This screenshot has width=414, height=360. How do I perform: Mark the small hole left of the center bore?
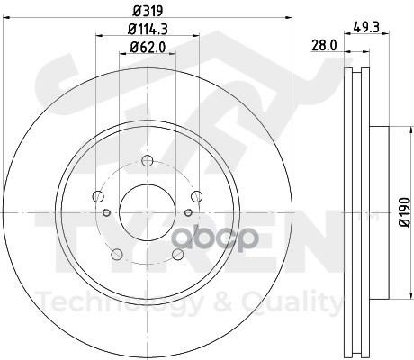106,212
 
